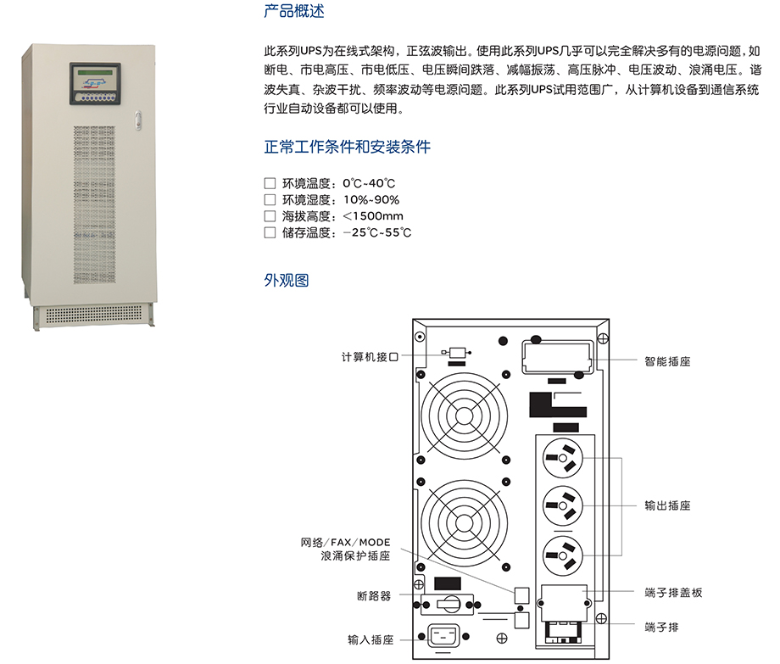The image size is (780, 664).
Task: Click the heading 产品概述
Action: click(294, 11)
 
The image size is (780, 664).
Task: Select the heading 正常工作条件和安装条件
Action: click(348, 147)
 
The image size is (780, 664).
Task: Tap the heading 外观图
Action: click(286, 281)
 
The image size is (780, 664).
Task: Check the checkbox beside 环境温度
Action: click(270, 183)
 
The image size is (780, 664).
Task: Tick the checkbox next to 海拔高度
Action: click(270, 216)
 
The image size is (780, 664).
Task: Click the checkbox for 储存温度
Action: click(270, 232)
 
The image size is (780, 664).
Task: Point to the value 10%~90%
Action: click(371, 200)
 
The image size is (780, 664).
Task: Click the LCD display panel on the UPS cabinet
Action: click(95, 77)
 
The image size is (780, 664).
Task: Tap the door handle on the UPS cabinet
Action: click(138, 120)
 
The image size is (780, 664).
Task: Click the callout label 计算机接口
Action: click(370, 357)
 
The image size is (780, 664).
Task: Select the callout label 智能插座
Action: click(667, 361)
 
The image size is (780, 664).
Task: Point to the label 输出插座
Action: click(667, 505)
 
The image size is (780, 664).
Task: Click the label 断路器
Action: click(374, 596)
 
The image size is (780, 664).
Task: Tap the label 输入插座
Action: click(370, 639)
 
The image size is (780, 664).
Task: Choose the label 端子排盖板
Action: click(673, 593)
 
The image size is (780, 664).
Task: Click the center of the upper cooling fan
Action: click(464, 416)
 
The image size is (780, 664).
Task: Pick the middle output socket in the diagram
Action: click(563, 505)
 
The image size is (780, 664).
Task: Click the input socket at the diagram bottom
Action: click(443, 636)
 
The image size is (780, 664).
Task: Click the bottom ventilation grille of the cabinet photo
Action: click(94, 315)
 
